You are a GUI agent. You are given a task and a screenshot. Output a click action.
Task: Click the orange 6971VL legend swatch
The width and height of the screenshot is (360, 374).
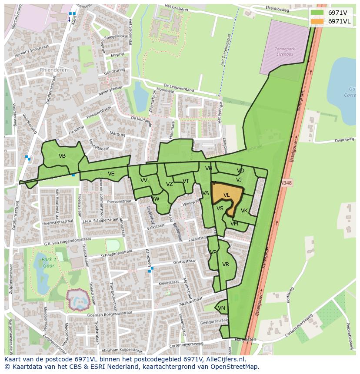tap(317, 21)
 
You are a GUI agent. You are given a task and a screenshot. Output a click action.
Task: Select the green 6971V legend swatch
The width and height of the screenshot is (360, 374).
tap(317, 13)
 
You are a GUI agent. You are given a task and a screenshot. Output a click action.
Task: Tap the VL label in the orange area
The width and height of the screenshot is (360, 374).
tap(227, 195)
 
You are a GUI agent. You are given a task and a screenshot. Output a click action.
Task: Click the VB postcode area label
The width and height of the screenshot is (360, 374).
tap(62, 156)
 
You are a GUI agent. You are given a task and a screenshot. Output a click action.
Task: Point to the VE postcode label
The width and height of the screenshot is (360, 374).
tap(111, 174)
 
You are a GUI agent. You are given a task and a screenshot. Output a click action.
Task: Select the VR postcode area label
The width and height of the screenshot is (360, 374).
tap(226, 265)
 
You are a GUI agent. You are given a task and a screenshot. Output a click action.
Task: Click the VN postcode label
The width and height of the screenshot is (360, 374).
tap(221, 308)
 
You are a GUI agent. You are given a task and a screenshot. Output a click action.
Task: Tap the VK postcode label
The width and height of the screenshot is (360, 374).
tap(244, 211)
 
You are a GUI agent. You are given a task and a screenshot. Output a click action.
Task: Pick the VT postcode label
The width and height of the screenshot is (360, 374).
tap(186, 181)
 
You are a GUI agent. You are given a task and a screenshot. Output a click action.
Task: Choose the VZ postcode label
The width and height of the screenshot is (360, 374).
tap(170, 184)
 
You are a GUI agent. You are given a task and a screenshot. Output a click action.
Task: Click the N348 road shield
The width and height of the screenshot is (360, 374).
tap(286, 183)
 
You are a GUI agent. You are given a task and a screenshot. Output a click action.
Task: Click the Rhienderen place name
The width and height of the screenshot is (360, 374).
tap(54, 70)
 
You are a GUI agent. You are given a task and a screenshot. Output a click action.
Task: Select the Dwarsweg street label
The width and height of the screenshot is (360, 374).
tap(345, 140)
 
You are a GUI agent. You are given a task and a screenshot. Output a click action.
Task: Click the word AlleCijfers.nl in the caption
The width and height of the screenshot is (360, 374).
tap(224, 360)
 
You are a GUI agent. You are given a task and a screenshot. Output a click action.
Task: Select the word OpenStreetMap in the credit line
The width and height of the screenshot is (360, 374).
tap(237, 367)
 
